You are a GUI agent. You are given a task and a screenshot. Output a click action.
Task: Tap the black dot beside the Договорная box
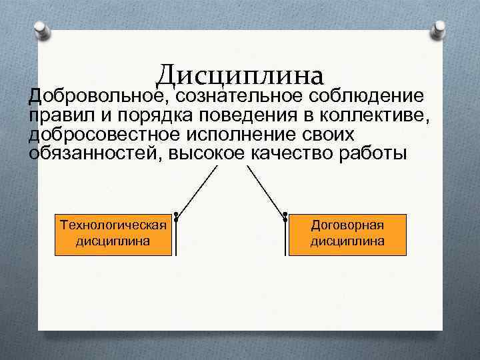click(285, 215)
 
